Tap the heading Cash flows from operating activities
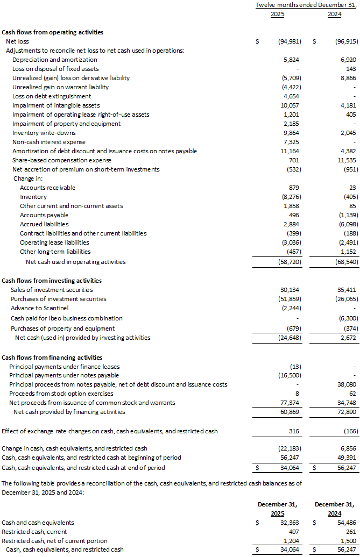[53, 32]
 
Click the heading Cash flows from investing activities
[52, 281]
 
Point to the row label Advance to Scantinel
[40, 308]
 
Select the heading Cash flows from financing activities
[52, 358]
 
